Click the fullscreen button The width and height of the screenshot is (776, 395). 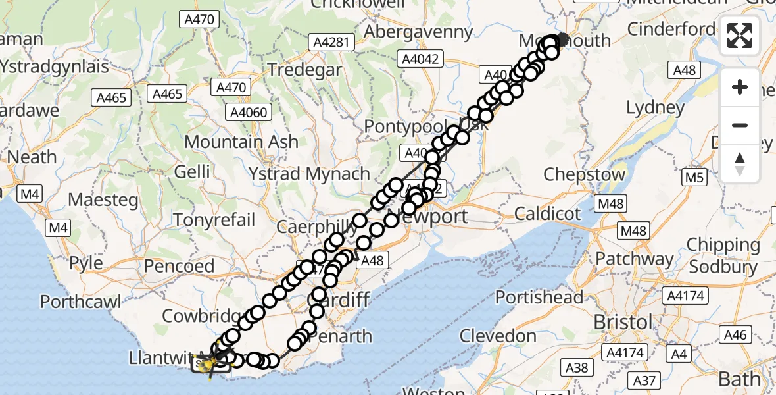(740, 36)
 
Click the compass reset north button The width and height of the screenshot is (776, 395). (740, 163)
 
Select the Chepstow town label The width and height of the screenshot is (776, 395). (585, 175)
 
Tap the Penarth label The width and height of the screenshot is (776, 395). (341, 336)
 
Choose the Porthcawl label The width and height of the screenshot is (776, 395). (81, 302)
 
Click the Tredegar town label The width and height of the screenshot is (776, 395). (304, 70)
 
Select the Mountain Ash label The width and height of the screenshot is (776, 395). (241, 142)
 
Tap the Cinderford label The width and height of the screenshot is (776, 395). (671, 29)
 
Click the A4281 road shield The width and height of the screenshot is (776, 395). (332, 43)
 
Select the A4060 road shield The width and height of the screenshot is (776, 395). (250, 112)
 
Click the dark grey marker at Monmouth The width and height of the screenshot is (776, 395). (564, 39)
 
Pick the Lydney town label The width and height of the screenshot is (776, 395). (655, 107)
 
